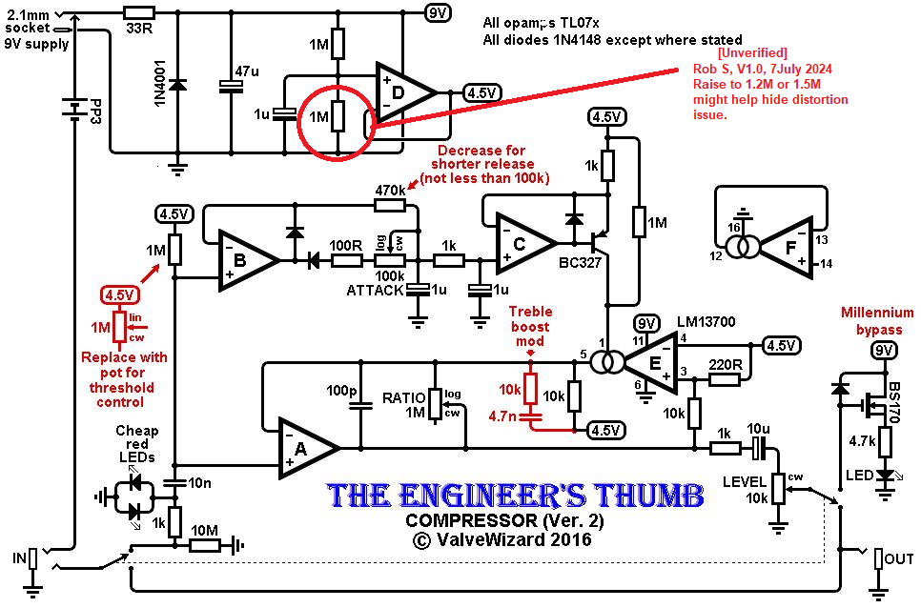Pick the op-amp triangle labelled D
403,92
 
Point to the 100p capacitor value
340,392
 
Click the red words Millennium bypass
876,320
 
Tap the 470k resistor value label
390,191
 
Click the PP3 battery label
96,111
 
